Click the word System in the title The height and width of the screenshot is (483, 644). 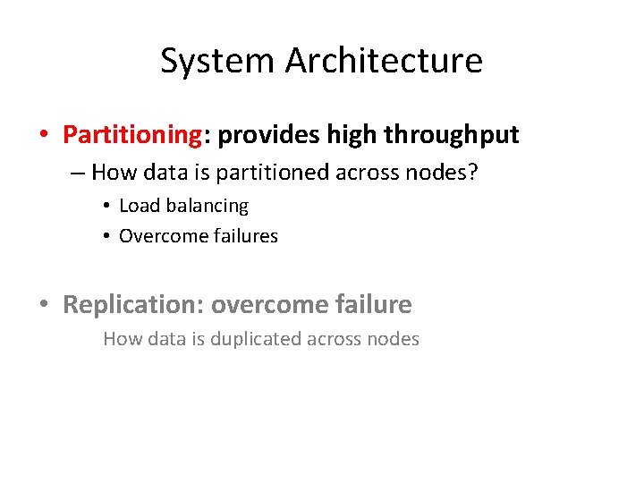pos(218,61)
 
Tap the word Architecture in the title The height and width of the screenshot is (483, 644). pos(384,61)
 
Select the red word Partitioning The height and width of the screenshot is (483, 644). pos(132,135)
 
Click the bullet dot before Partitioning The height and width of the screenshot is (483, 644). pos(43,136)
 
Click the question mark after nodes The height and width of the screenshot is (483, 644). pos(473,172)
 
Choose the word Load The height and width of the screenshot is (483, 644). pos(139,206)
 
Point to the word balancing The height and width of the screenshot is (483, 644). pos(206,207)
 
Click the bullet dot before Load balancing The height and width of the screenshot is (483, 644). pos(106,207)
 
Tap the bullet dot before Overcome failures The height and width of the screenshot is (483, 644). pos(106,237)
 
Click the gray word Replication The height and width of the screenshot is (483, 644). pos(131,305)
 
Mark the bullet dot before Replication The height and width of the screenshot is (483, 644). pos(43,306)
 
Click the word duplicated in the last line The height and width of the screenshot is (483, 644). pos(258,339)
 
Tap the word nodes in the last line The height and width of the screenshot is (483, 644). pos(394,339)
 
